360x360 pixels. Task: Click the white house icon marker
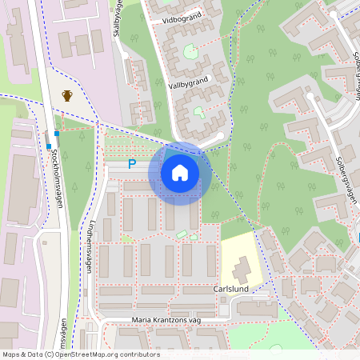(x=180, y=173)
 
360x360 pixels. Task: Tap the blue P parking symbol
(x=133, y=164)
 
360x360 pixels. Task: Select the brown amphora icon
(x=68, y=96)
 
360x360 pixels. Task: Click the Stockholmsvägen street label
(x=57, y=178)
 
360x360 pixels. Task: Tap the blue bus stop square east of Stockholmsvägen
(x=57, y=133)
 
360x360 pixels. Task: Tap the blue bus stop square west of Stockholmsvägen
(x=48, y=146)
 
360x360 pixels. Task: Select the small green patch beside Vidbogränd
(x=190, y=52)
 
